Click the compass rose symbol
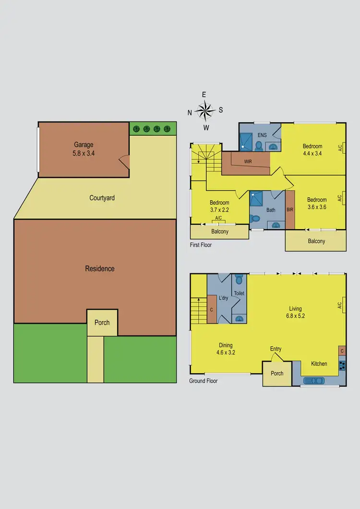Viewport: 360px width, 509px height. (205, 111)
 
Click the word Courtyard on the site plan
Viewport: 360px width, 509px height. (102, 198)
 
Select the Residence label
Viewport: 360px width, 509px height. (100, 269)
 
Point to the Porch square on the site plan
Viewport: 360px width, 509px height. (102, 322)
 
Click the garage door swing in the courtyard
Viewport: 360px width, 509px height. (124, 162)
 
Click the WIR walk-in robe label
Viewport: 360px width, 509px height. (248, 162)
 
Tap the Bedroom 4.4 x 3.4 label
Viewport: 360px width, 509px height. (312, 150)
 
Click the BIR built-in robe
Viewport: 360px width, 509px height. (290, 210)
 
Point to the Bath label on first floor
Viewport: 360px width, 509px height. (271, 210)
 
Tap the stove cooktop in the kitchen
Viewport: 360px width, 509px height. (342, 365)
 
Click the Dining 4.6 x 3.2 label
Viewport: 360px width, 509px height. (226, 349)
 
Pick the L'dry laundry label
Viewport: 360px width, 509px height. (223, 298)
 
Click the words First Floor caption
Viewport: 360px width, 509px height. (201, 245)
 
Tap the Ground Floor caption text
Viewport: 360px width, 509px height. (204, 381)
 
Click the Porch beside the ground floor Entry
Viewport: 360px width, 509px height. (277, 373)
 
